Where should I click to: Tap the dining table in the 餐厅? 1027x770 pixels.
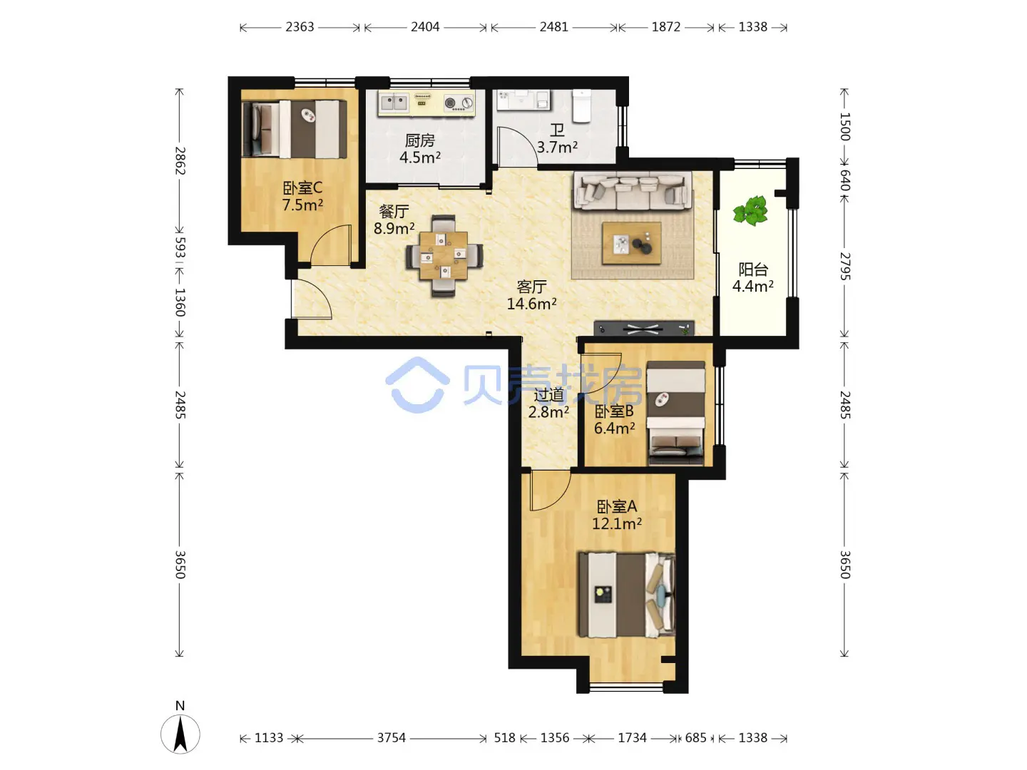(x=443, y=256)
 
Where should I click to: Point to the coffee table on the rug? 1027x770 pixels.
(x=632, y=243)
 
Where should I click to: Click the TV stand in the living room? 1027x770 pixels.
(x=644, y=328)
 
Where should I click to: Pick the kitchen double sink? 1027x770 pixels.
(x=394, y=103)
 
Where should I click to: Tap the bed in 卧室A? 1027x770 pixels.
(x=626, y=595)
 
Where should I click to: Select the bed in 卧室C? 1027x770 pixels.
(x=295, y=129)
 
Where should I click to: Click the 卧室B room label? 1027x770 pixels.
(x=614, y=412)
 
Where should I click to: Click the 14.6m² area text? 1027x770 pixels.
(x=531, y=304)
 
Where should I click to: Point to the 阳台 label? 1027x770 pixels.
(x=753, y=269)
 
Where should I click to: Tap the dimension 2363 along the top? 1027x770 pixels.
(x=300, y=27)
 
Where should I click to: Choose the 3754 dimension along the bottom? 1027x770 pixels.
(x=391, y=738)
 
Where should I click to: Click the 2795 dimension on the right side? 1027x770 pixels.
(x=844, y=267)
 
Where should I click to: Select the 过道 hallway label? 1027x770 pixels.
(x=548, y=395)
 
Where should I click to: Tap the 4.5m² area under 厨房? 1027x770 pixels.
(x=419, y=157)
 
